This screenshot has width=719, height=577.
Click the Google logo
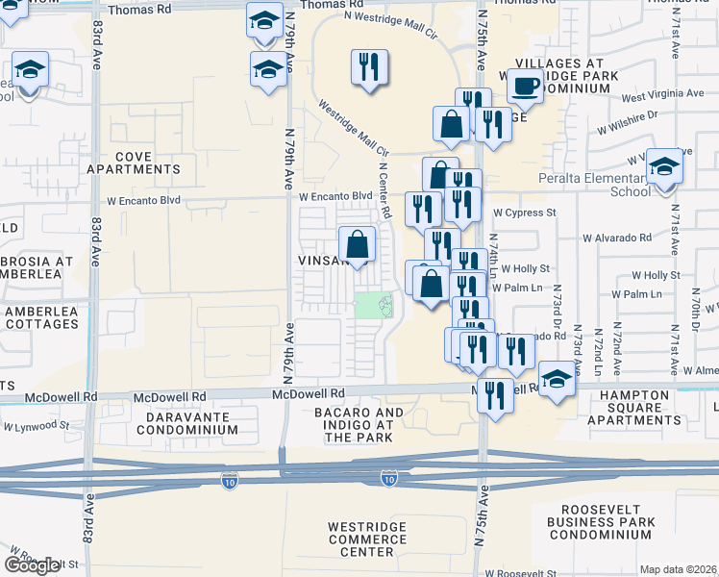click(33, 564)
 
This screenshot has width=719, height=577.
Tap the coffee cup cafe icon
click(524, 87)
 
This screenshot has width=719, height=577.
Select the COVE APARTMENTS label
click(147, 163)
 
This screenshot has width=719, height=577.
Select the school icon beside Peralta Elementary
click(663, 166)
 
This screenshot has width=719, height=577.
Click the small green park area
click(374, 307)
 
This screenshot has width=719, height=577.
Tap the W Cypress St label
click(524, 213)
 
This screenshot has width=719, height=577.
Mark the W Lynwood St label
click(37, 425)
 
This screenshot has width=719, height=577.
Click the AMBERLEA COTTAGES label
click(40, 317)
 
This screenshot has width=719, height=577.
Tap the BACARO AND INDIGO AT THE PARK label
click(359, 425)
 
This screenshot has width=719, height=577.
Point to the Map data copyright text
click(679, 569)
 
